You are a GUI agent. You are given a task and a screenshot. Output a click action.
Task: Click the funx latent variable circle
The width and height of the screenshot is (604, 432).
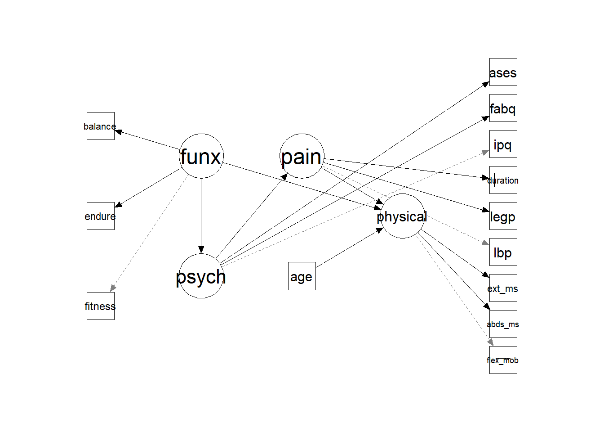pyautogui.click(x=201, y=156)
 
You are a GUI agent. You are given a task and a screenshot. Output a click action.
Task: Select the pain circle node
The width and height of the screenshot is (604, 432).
pyautogui.click(x=302, y=156)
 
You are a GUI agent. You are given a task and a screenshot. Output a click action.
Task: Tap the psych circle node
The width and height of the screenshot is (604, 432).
pyautogui.click(x=201, y=276)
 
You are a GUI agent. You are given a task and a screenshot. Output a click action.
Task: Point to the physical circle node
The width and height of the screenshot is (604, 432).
pyautogui.click(x=402, y=216)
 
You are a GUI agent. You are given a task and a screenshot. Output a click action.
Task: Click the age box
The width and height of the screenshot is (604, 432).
pyautogui.click(x=302, y=276)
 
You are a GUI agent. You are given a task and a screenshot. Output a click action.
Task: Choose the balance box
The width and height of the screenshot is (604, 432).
pyautogui.click(x=100, y=126)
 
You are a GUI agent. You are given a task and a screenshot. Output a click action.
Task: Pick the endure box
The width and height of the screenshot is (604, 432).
pyautogui.click(x=100, y=216)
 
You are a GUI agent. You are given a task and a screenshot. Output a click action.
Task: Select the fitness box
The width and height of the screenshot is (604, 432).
pyautogui.click(x=100, y=306)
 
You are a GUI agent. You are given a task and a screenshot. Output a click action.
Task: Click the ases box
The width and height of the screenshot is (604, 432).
pyautogui.click(x=503, y=72)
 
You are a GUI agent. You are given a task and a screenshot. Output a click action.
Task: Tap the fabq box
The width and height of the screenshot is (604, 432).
pyautogui.click(x=503, y=108)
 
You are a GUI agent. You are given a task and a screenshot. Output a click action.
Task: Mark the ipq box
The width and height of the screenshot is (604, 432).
pyautogui.click(x=503, y=144)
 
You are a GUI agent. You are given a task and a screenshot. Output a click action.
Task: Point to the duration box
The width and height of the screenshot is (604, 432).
pyautogui.click(x=503, y=180)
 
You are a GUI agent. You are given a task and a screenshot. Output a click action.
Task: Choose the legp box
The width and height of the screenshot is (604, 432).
pyautogui.click(x=503, y=216)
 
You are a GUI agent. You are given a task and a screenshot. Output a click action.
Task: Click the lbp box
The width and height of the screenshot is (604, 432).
pyautogui.click(x=503, y=252)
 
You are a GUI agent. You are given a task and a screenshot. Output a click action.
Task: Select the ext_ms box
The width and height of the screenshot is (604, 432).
pyautogui.click(x=503, y=288)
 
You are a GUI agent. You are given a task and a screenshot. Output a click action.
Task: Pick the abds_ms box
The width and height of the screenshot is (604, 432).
pyautogui.click(x=503, y=324)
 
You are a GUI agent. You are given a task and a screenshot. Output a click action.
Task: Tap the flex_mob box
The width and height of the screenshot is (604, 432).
pyautogui.click(x=503, y=360)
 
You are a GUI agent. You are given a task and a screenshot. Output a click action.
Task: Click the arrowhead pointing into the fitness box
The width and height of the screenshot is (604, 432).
pyautogui.click(x=112, y=288)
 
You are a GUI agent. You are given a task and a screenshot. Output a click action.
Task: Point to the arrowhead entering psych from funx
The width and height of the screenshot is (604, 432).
pyautogui.click(x=201, y=250)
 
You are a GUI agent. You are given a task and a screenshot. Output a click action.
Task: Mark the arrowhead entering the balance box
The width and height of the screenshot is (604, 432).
pyautogui.click(x=119, y=132)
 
